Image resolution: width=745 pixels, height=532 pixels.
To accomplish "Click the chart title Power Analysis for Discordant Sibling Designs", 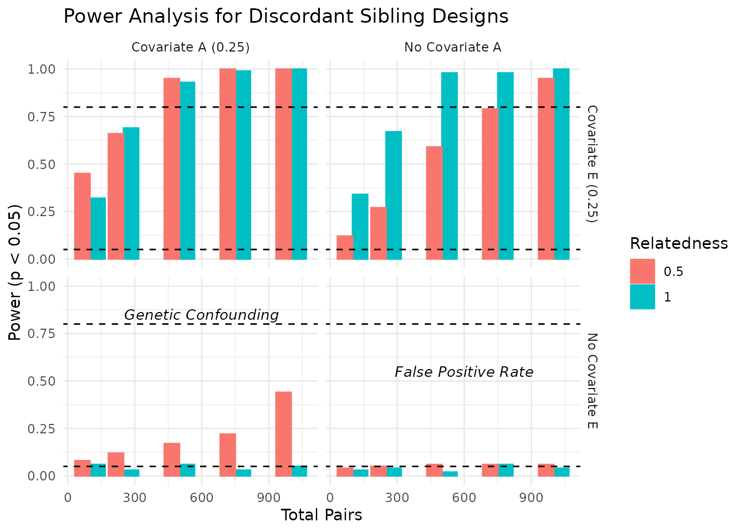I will pos(286,17).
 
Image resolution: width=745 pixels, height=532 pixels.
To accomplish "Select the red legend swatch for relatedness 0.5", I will pos(642,272).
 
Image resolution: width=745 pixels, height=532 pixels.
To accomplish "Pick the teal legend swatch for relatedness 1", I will pos(642,297).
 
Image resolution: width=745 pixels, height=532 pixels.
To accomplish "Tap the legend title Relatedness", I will pos(678,243).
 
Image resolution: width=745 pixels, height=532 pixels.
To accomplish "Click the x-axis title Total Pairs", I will pos(322,515).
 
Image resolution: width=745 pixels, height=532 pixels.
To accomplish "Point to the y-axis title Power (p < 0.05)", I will pos(16,272).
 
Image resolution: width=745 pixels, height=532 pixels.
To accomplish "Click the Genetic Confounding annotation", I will pos(201,315).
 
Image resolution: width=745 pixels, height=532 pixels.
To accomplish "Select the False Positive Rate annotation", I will pos(464,372).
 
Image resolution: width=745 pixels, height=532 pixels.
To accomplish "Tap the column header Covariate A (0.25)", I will pos(191,48).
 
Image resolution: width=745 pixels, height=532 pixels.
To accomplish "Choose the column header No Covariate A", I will pos(453,48).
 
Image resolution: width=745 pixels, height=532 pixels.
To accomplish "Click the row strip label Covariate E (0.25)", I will pos(592,164).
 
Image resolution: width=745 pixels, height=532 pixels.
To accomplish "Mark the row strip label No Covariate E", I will pos(592,381).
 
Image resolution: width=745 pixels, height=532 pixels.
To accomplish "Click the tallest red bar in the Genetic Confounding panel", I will pos(283,433).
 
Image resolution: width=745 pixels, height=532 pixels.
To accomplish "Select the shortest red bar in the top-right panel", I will pos(345,247).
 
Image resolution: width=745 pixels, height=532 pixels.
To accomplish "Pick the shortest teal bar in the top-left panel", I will pos(98,228).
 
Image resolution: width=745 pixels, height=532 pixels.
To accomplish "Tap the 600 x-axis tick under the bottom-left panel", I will pos(202,498).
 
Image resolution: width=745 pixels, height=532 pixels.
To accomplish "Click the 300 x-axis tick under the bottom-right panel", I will pos(397,498).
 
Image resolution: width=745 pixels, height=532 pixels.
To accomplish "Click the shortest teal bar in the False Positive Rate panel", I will pos(450,474).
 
